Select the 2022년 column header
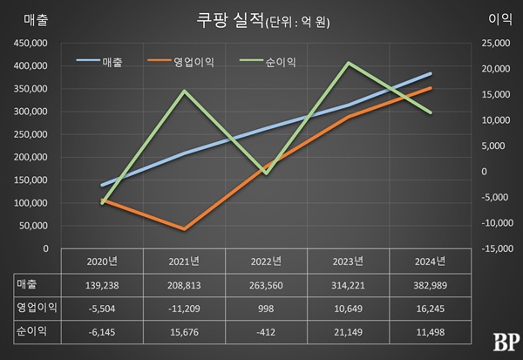[266, 262]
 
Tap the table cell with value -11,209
[184, 308]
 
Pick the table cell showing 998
[266, 308]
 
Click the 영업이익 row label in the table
[36, 308]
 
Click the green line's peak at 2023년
[349, 63]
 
